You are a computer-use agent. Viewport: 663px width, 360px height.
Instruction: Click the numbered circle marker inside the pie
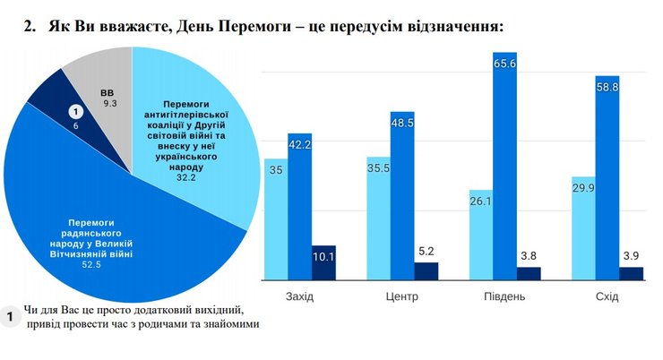(76, 111)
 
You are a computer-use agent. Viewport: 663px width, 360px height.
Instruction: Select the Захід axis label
(299, 296)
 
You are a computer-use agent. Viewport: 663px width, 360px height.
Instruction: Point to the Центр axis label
(401, 296)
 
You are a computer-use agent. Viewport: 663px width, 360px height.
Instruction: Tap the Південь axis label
(505, 296)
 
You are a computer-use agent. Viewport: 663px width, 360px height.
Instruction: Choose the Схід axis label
(607, 296)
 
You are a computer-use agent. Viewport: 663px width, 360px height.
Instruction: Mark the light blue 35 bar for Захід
(274, 219)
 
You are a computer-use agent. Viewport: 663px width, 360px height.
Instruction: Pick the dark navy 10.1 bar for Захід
(323, 263)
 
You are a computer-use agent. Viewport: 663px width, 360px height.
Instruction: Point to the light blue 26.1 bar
(481, 236)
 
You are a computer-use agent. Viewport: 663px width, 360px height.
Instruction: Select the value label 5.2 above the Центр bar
(426, 252)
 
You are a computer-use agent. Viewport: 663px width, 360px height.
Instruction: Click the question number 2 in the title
(28, 26)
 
